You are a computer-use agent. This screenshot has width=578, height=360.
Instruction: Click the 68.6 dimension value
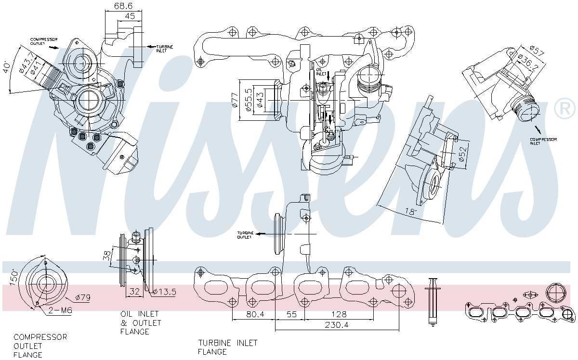[x=123, y=6]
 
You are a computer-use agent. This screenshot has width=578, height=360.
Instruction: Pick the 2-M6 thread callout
[x=60, y=311]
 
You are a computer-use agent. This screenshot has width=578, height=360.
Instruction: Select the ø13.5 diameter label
[x=164, y=292]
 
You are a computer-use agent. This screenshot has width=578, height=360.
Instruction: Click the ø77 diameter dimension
[x=235, y=100]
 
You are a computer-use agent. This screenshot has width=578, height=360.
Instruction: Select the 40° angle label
[x=6, y=67]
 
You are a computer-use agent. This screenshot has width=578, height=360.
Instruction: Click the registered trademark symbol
[x=565, y=109]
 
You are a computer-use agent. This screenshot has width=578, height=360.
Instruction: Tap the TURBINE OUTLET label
[x=245, y=234]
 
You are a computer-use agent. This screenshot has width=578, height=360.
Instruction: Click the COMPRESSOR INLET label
[x=543, y=141]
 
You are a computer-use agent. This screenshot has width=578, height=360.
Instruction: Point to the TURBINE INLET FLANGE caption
[x=228, y=347]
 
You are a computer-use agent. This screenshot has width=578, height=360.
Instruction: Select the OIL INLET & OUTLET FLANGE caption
[x=140, y=322]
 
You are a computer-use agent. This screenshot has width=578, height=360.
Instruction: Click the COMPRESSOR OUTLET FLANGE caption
[x=40, y=346]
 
